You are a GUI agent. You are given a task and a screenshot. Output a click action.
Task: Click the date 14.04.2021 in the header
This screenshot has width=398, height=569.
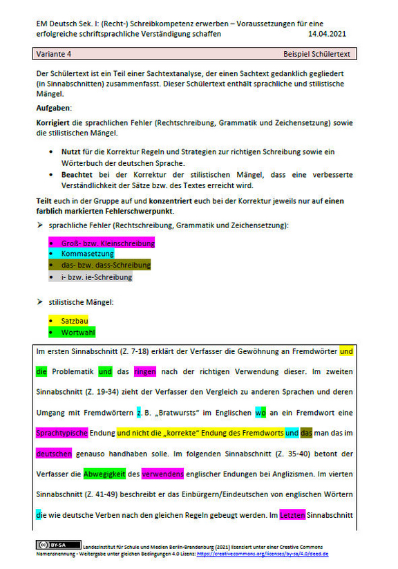[328, 33]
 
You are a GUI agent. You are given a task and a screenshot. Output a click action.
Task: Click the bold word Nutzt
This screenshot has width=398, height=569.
[71, 150]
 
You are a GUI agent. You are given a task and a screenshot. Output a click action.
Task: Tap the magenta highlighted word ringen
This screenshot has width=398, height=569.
[145, 372]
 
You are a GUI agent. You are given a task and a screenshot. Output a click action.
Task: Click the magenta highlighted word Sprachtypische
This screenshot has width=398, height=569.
[62, 433]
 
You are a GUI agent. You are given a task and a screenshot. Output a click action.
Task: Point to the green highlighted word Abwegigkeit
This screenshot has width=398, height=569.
[104, 474]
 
